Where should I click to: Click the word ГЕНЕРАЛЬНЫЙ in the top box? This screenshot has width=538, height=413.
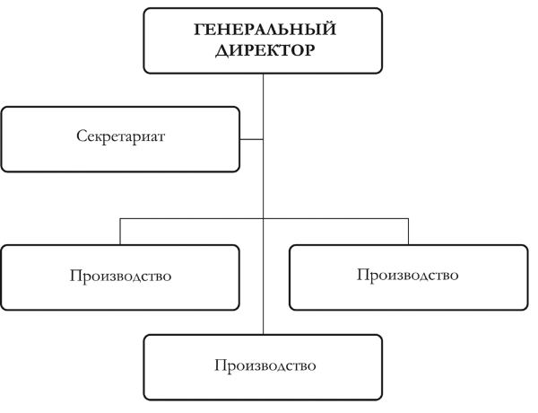pyautogui.click(x=265, y=29)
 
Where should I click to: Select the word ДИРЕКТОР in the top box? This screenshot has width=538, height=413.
pyautogui.click(x=265, y=50)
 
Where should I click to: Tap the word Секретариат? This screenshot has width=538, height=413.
pyautogui.click(x=121, y=136)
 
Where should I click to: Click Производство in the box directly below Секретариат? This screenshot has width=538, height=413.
pyautogui.click(x=120, y=276)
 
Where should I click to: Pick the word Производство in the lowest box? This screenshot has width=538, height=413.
pyautogui.click(x=265, y=365)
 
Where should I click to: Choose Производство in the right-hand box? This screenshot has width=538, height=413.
pyautogui.click(x=408, y=275)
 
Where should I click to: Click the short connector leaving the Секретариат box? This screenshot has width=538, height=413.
pyautogui.click(x=251, y=139)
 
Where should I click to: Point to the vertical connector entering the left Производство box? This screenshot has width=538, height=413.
pyautogui.click(x=120, y=232)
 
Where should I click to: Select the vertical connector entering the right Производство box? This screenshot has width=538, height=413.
pyautogui.click(x=408, y=232)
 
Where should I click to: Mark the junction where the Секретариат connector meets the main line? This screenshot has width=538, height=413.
pyautogui.click(x=263, y=139)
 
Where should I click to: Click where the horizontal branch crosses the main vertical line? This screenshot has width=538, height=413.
pyautogui.click(x=263, y=218)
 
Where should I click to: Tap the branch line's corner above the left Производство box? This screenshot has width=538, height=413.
pyautogui.click(x=120, y=218)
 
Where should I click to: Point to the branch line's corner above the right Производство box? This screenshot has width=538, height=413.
pyautogui.click(x=408, y=218)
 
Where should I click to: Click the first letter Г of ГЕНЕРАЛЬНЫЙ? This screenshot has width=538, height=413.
pyautogui.click(x=200, y=30)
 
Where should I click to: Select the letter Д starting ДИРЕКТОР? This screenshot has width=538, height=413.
pyautogui.click(x=222, y=51)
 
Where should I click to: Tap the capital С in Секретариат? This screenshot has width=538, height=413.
pyautogui.click(x=82, y=136)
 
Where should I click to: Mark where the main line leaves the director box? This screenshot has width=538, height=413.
pyautogui.click(x=263, y=74)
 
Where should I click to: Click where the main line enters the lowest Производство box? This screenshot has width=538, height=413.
pyautogui.click(x=263, y=335)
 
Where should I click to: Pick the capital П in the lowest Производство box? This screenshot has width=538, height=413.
pyautogui.click(x=221, y=365)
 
